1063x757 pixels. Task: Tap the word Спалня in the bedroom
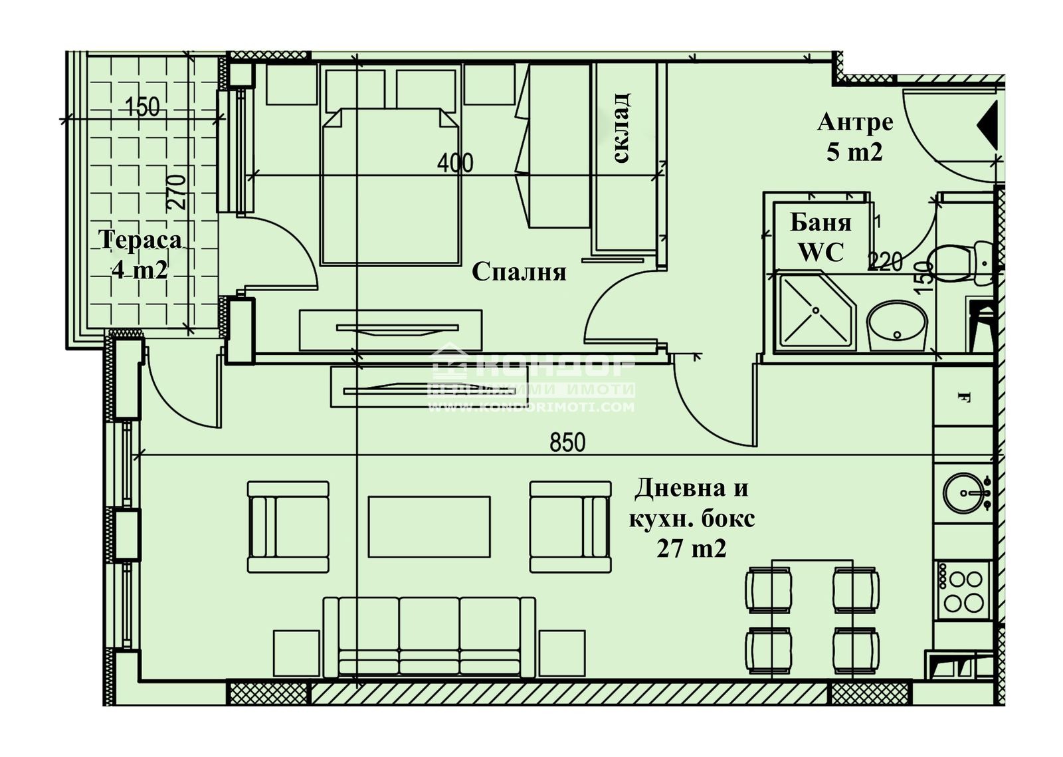[519, 272]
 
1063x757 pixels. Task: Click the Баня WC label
[821, 237]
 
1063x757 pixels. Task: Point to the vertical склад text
[622, 128]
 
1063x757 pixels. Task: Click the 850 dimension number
[567, 442]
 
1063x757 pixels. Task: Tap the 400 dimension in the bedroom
[456, 162]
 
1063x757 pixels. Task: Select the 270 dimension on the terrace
[177, 193]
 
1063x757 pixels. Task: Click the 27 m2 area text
[691, 549]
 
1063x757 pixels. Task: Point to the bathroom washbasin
[897, 326]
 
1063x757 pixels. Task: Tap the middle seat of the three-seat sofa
[429, 635]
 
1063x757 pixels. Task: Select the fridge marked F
[963, 397]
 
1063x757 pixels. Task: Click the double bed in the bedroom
[391, 186]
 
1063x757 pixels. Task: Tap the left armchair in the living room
[288, 527]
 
